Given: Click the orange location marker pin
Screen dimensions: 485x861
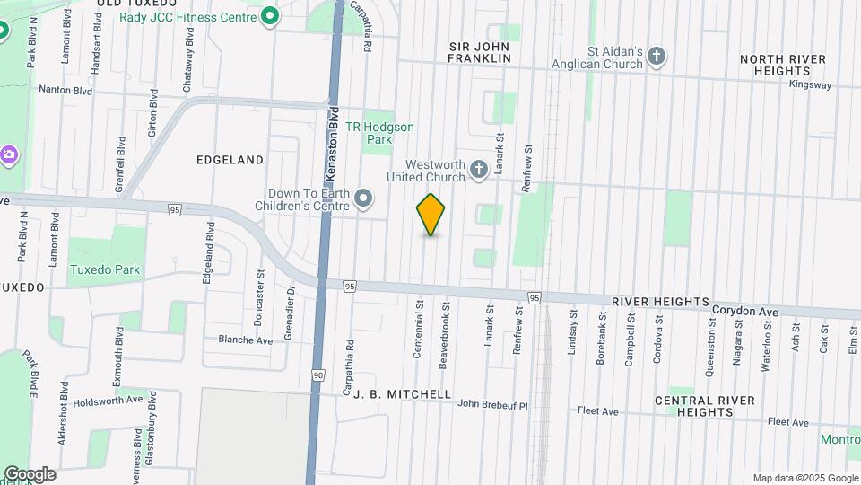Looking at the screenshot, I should [431, 215].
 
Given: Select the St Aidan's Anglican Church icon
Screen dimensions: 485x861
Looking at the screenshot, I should [657, 57].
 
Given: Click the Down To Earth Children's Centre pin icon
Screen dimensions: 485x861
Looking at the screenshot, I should [363, 198].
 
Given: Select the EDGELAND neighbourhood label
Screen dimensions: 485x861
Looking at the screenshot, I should [230, 160].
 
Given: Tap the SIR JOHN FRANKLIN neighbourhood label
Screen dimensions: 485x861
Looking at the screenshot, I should [480, 51].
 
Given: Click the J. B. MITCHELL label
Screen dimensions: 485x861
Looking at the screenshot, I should [402, 394].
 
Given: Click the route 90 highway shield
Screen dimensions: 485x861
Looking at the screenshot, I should [318, 374].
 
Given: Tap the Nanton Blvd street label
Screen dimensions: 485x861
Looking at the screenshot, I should [65, 90].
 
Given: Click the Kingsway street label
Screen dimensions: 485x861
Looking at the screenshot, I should [811, 85].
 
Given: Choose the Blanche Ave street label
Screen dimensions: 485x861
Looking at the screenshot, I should [245, 340].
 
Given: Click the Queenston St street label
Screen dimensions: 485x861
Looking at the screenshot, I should [711, 336].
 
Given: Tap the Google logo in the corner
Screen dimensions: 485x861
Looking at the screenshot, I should [30, 473].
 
